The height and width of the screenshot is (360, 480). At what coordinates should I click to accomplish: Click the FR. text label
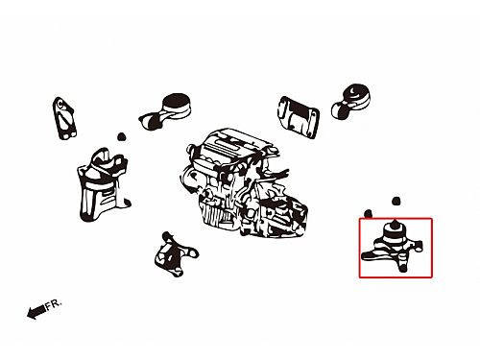(53, 304)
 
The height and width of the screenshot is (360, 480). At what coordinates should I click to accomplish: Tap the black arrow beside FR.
(36, 312)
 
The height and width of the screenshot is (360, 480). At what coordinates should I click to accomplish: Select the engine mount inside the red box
(392, 248)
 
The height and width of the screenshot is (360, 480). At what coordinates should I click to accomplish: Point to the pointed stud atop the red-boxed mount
(395, 223)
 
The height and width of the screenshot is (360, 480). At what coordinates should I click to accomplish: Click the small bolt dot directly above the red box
(396, 201)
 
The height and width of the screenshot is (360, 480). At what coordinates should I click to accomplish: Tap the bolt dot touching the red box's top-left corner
(368, 214)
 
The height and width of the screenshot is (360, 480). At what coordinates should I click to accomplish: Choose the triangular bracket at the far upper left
(64, 118)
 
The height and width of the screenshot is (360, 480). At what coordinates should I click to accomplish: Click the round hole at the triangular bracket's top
(60, 104)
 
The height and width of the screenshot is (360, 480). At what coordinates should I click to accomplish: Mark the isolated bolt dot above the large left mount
(121, 137)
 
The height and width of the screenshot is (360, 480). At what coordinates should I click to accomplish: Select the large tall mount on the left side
(103, 184)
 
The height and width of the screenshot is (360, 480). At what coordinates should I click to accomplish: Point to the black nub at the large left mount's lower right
(128, 203)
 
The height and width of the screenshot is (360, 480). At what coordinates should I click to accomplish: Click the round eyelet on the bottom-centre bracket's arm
(192, 252)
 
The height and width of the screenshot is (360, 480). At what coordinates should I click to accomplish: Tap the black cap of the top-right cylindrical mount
(356, 93)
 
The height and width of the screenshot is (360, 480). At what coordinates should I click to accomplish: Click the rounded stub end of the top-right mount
(337, 109)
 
